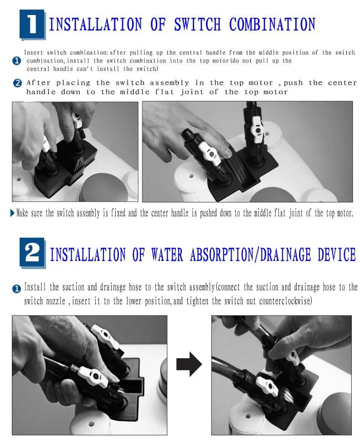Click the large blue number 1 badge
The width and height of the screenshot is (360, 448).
coord(32,25)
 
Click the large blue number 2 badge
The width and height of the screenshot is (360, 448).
coord(32,253)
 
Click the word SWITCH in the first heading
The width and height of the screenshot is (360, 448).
coord(197,24)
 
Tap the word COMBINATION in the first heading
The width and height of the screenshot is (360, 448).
coord(272,24)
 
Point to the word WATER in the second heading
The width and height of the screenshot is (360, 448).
coord(167,255)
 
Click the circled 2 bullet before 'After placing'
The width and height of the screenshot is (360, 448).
coord(17,83)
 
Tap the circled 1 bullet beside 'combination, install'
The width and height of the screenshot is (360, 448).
coord(17,61)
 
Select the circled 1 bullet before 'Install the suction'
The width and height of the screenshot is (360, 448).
coord(16,289)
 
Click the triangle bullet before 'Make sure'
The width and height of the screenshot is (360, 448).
coord(12,213)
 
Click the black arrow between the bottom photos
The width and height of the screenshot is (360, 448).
coord(189,364)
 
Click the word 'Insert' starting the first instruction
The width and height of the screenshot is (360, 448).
coord(33,52)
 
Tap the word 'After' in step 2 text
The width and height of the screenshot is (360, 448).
coord(38,83)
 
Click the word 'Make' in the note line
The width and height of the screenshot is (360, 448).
coord(22,213)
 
